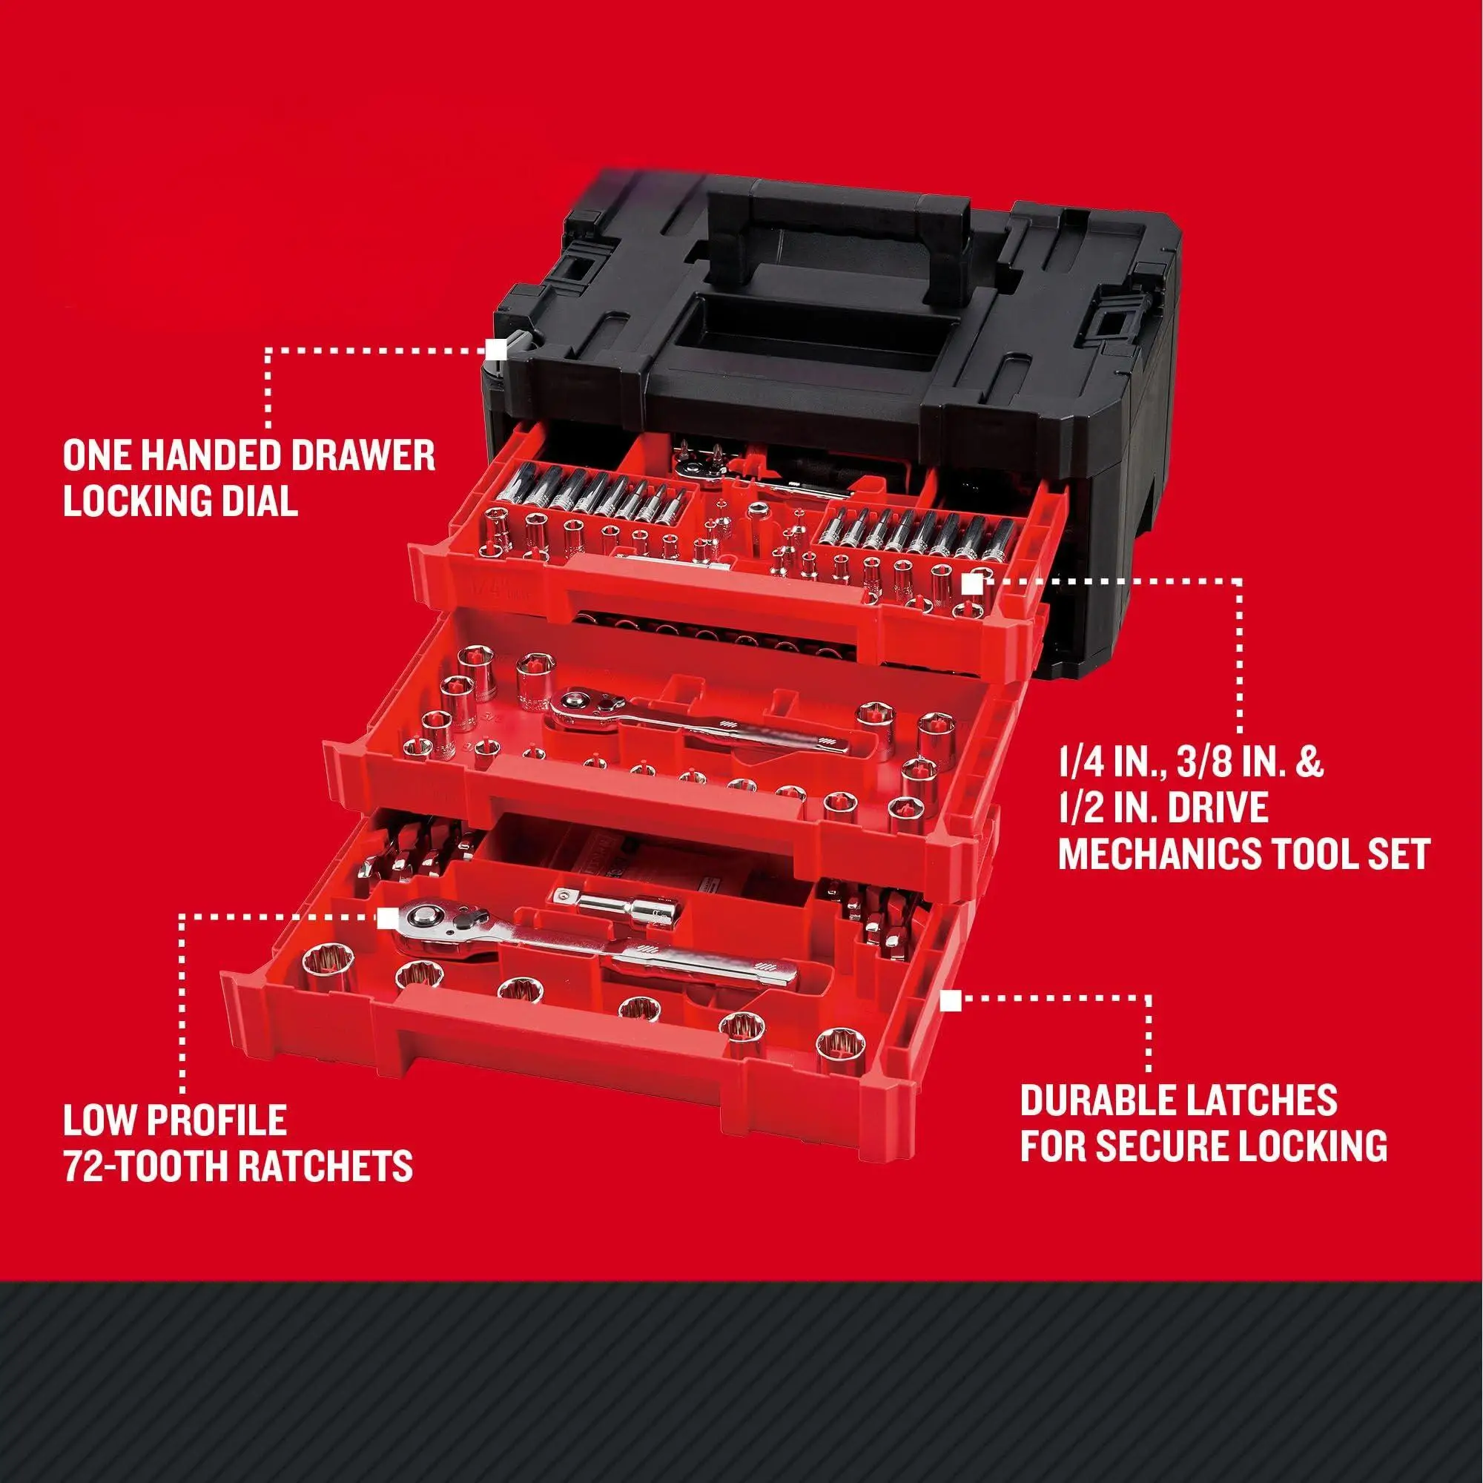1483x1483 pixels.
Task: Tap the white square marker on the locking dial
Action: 496,349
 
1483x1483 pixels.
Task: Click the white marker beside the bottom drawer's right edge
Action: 952,1000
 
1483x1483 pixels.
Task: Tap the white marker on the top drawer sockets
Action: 971,584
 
